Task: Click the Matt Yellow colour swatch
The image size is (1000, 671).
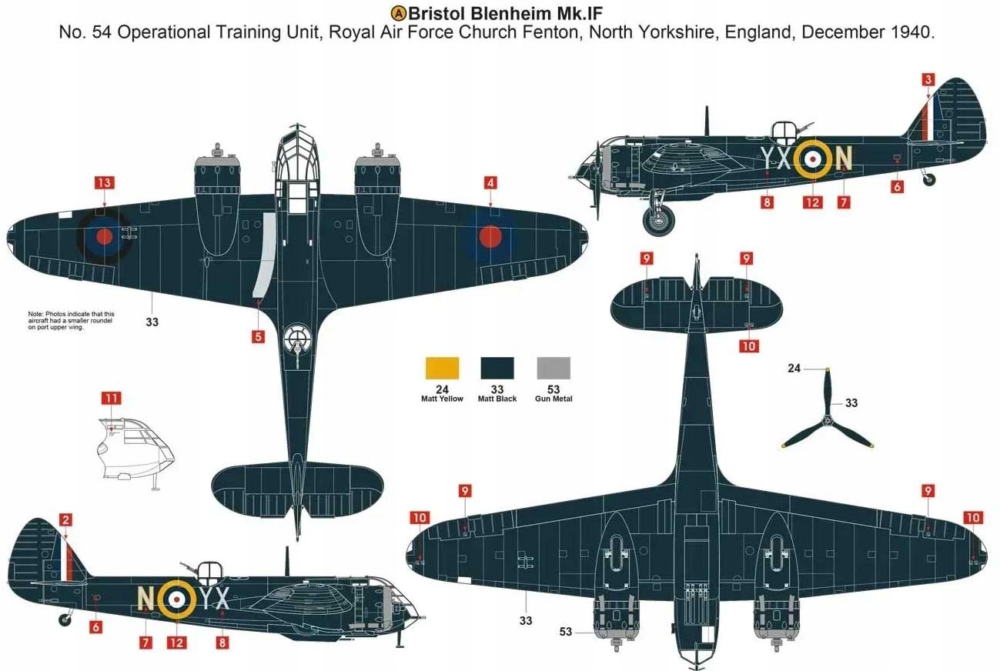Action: point(442,368)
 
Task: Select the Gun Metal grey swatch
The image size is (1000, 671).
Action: point(553,368)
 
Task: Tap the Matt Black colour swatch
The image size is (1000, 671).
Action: point(497,368)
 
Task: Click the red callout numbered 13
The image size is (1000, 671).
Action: point(103,182)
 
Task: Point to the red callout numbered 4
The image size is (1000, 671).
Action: point(490,182)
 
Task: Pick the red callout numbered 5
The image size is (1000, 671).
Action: point(258,336)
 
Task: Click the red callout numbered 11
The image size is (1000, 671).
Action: point(112,398)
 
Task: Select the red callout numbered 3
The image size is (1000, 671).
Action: point(928,79)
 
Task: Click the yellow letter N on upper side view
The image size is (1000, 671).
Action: point(844,158)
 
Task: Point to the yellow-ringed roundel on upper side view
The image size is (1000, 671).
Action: point(813,159)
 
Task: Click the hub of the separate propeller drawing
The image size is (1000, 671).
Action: point(827,420)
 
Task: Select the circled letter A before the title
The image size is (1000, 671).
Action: point(399,12)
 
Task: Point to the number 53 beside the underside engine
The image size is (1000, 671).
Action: point(566,632)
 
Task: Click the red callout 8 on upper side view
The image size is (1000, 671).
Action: point(767,202)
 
